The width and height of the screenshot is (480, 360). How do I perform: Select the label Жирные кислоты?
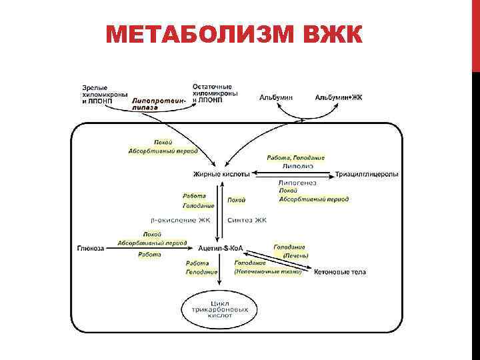click(222, 174)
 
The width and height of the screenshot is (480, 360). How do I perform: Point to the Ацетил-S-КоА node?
click(219, 248)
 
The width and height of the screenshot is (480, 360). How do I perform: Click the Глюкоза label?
click(91, 248)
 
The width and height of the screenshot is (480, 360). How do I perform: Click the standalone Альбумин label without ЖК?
click(276, 98)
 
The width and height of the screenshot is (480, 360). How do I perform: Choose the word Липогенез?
click(297, 182)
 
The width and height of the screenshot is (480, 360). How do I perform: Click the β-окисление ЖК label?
click(182, 220)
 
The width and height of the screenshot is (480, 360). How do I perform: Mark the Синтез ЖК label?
click(247, 220)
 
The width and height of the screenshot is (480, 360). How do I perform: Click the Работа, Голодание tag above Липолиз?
click(295, 157)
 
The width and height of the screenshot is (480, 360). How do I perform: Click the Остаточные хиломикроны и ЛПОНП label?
click(215, 93)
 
